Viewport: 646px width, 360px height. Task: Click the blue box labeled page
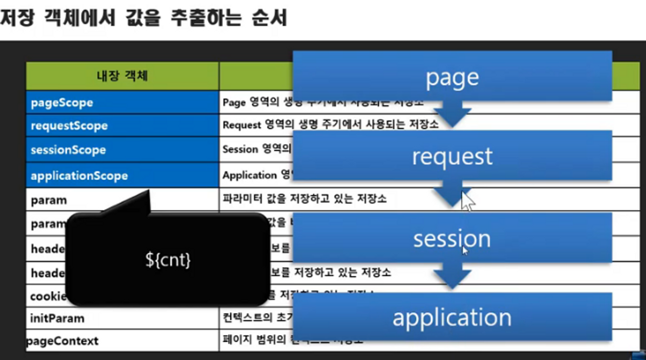pyautogui.click(x=452, y=76)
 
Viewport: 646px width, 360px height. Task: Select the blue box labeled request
pyautogui.click(x=452, y=156)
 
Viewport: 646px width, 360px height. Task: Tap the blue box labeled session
pyautogui.click(x=452, y=238)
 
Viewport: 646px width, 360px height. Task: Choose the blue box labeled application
pyautogui.click(x=452, y=317)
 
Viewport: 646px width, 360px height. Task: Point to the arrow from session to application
pyautogui.click(x=452, y=277)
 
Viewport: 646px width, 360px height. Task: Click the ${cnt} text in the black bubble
pyautogui.click(x=168, y=259)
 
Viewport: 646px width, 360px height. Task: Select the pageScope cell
pyautogui.click(x=122, y=102)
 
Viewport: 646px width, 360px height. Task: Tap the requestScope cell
pyautogui.click(x=122, y=126)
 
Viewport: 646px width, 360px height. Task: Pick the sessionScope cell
pyautogui.click(x=122, y=150)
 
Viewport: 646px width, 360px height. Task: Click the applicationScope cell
pyautogui.click(x=122, y=175)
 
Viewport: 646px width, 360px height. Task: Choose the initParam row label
pyautogui.click(x=57, y=318)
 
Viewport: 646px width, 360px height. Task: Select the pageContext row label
pyautogui.click(x=62, y=341)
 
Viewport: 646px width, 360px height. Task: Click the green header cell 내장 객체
pyautogui.click(x=122, y=76)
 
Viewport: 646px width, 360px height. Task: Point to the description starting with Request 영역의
pyautogui.click(x=331, y=125)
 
